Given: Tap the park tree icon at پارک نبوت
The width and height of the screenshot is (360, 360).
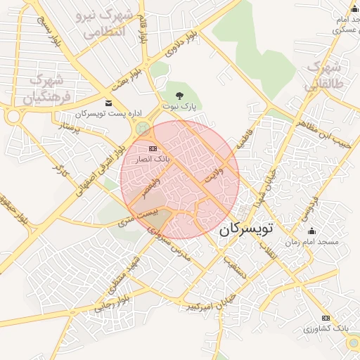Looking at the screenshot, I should [x=179, y=94].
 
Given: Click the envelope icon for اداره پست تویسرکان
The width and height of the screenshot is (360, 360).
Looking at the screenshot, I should [x=108, y=103].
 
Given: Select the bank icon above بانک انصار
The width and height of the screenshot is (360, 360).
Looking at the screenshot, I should [x=153, y=148].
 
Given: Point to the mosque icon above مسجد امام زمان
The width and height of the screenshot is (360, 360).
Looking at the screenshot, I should [x=311, y=231].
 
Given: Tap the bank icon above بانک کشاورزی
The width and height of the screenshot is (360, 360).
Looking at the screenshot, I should [x=326, y=318].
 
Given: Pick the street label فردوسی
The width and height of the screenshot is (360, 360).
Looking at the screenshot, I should [x=310, y=207].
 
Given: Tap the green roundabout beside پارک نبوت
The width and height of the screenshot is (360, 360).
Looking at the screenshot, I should [x=143, y=129].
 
